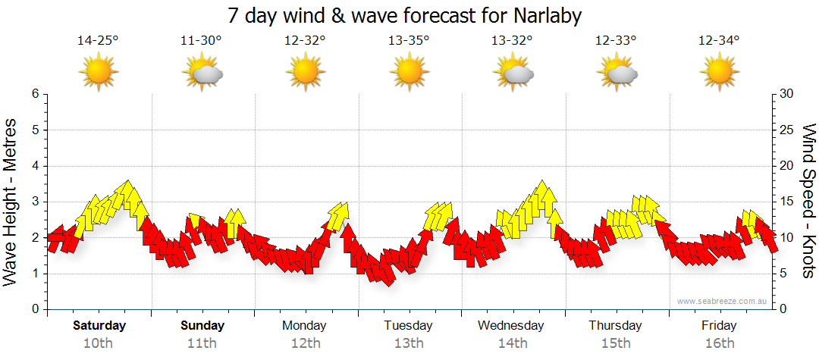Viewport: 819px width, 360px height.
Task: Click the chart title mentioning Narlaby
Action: pyautogui.click(x=409, y=15)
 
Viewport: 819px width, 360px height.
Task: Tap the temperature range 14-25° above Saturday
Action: pyautogui.click(x=98, y=40)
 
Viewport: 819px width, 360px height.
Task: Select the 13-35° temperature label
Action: pyautogui.click(x=409, y=40)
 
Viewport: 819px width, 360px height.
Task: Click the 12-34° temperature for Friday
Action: pyautogui.click(x=719, y=40)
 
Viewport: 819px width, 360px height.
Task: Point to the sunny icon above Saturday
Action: pyautogui.click(x=99, y=73)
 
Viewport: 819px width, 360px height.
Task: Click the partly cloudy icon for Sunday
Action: pyautogui.click(x=202, y=73)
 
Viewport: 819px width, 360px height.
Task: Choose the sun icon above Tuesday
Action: pyautogui.click(x=409, y=73)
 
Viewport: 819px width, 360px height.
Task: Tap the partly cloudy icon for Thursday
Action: pyautogui.click(x=617, y=73)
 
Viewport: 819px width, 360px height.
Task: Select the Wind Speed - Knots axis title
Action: pyautogui.click(x=808, y=201)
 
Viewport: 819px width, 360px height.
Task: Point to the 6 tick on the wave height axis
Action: pyautogui.click(x=34, y=94)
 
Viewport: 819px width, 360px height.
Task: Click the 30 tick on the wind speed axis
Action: pyautogui.click(x=786, y=94)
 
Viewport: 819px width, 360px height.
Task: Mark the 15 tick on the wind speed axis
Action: pyautogui.click(x=786, y=202)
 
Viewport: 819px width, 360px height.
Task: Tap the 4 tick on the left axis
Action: pyautogui.click(x=34, y=166)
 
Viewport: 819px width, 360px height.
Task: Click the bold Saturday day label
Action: pyautogui.click(x=99, y=326)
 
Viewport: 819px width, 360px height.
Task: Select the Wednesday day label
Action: pyautogui.click(x=511, y=326)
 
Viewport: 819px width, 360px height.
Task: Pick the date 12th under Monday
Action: pyautogui.click(x=305, y=343)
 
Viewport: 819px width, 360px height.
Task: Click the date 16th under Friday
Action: pyautogui.click(x=719, y=343)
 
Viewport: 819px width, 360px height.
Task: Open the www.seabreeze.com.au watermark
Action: pyautogui.click(x=723, y=301)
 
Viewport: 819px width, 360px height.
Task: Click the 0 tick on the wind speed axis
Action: pyautogui.click(x=783, y=309)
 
